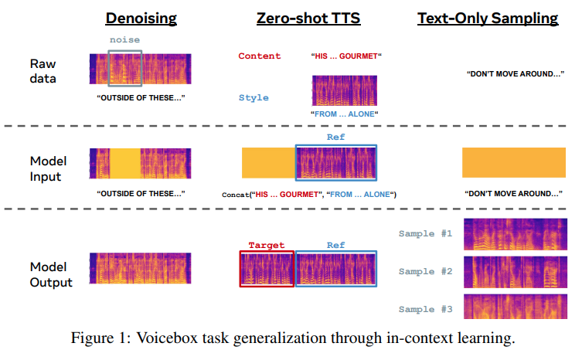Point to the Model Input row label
pyautogui.click(x=49, y=168)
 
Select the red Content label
pyautogui.click(x=260, y=56)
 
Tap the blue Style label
pyautogui.click(x=254, y=98)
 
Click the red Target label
pyautogui.click(x=266, y=246)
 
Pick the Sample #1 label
pyautogui.click(x=425, y=233)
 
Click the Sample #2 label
pyautogui.click(x=425, y=271)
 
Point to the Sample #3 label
pyautogui.click(x=425, y=309)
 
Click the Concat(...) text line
pyautogui.click(x=308, y=194)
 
